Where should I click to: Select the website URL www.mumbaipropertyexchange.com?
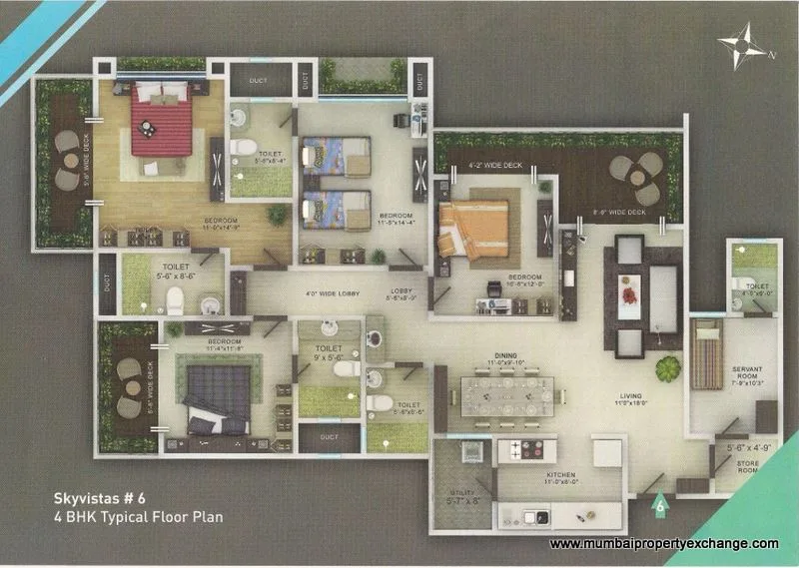(664, 543)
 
